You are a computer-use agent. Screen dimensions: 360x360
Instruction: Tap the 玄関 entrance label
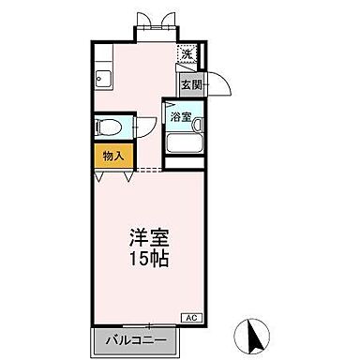191,84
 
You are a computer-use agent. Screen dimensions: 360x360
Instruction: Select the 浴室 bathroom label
181,118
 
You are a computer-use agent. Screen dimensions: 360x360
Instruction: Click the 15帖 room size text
148,259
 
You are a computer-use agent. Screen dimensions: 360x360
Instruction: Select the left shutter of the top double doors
144,21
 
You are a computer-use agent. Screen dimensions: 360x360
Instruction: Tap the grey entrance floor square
191,84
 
